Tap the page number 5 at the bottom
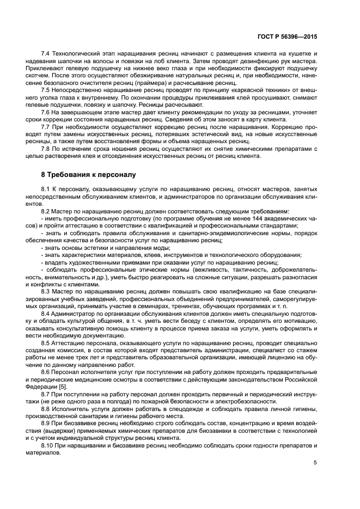coord(315,463)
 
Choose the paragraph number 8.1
coord(46,189)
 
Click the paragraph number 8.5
coord(46,345)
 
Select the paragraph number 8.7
coord(46,394)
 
